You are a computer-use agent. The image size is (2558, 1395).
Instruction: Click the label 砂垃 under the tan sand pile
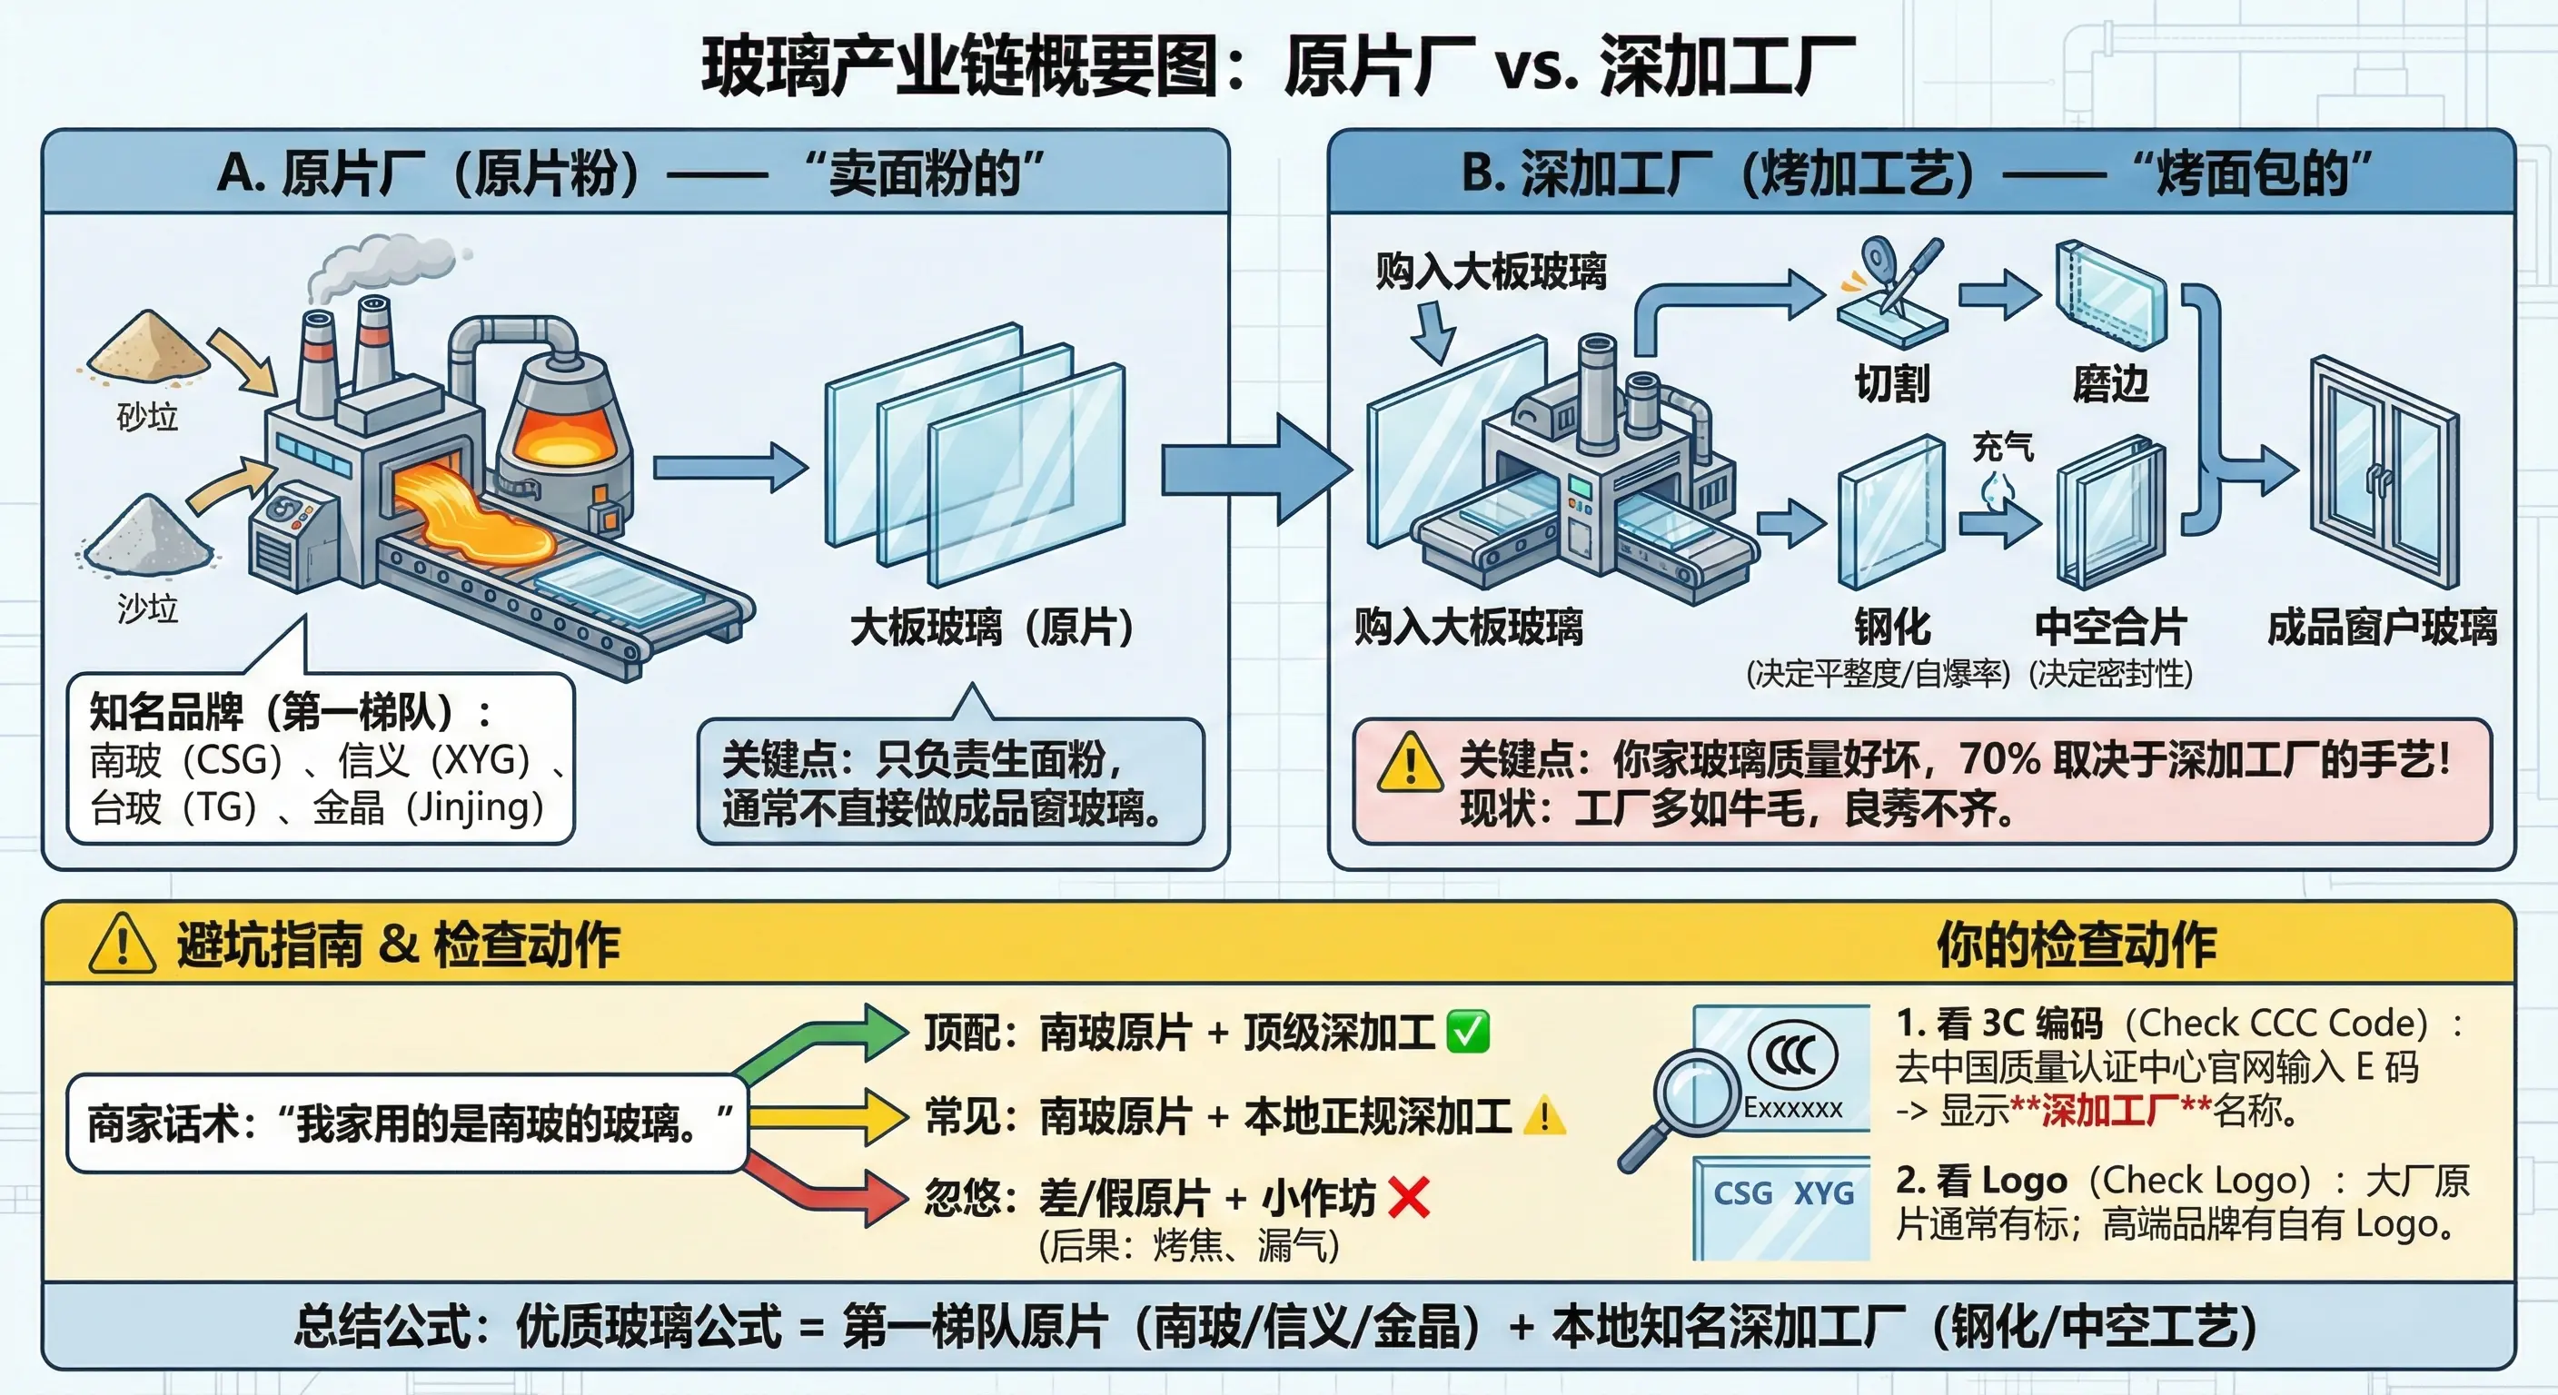(x=148, y=417)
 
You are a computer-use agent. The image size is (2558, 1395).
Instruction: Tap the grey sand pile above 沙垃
(x=147, y=536)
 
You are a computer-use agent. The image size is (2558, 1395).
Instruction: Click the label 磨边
(x=2110, y=383)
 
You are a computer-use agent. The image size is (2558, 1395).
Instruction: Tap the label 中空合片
(x=2111, y=627)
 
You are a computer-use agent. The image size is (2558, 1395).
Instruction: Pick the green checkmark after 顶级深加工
(x=1468, y=1032)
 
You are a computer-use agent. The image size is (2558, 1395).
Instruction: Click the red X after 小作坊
(x=1409, y=1197)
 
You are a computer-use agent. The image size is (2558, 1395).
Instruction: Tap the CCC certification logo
(x=1792, y=1054)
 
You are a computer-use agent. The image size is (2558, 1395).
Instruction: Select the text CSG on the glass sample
(x=1743, y=1192)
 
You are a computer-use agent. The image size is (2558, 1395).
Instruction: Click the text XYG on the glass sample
(x=1823, y=1192)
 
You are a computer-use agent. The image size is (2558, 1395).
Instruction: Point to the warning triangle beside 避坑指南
(x=122, y=945)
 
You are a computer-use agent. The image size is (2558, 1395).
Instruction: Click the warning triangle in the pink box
(x=1410, y=762)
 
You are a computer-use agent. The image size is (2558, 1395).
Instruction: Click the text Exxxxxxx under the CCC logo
(x=1793, y=1108)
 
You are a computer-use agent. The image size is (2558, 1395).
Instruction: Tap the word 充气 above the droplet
(x=2003, y=447)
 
